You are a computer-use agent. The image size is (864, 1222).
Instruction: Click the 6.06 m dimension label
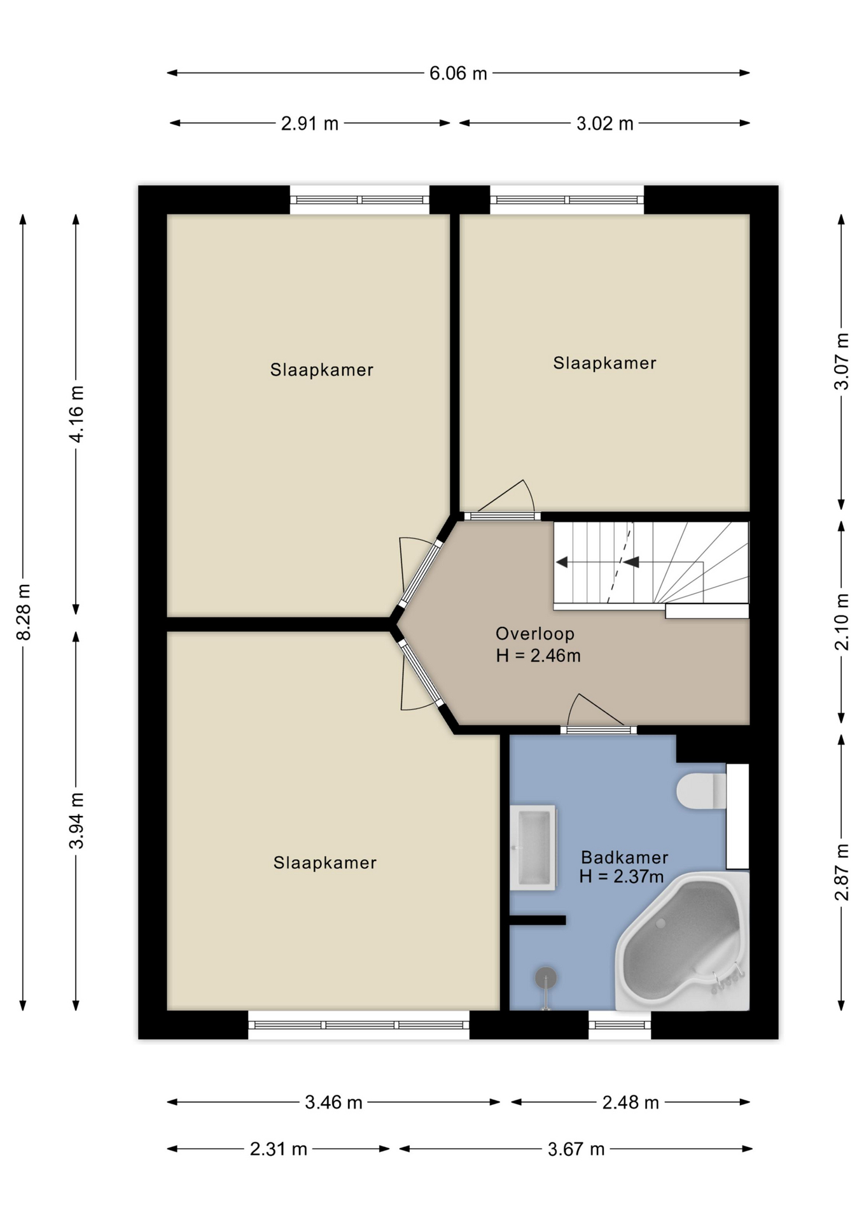pos(458,73)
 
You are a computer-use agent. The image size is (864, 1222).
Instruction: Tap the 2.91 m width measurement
pos(310,123)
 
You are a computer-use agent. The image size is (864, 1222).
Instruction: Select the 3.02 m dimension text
pos(605,123)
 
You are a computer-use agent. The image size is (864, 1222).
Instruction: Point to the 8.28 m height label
pos(24,612)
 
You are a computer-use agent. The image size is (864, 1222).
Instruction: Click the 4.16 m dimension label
pos(76,414)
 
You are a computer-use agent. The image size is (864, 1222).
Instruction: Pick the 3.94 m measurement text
pos(76,821)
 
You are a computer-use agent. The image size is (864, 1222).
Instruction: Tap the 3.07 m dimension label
pos(842,361)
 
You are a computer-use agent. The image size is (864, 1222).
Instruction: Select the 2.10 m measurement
pos(842,622)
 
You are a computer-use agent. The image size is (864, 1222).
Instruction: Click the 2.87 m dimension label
pos(842,872)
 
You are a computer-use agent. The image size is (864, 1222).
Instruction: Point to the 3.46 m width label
pos(333,1102)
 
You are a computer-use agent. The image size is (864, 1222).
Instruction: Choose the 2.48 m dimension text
pos(631,1102)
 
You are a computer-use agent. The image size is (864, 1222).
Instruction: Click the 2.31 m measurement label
pos(279,1149)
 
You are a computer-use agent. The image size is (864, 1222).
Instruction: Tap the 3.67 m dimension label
pos(576,1149)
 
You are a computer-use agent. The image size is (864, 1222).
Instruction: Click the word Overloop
pos(535,634)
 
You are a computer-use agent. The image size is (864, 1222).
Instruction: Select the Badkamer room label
pos(625,857)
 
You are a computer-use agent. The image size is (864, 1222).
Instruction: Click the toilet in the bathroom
pos(702,791)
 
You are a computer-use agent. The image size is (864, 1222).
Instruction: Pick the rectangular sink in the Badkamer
pos(533,847)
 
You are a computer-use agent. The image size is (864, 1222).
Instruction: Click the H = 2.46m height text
pos(538,656)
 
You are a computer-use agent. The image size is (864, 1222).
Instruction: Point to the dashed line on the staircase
pos(620,563)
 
